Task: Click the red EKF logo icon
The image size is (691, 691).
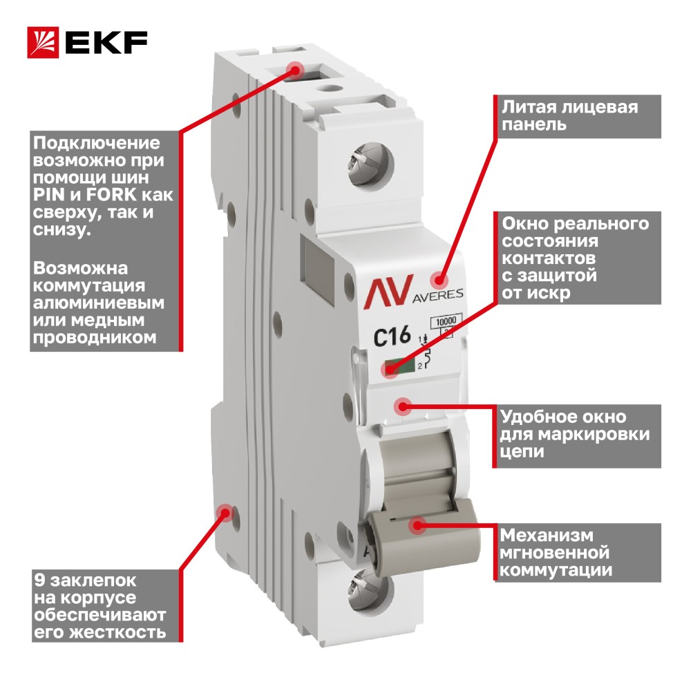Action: pos(43,42)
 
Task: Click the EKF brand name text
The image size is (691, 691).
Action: pos(106,43)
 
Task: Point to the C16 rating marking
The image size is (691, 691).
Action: pos(392,337)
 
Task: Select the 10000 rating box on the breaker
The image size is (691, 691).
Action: pos(446,322)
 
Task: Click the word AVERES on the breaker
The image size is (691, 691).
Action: pos(437,295)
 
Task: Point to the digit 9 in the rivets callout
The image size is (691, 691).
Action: pos(39,580)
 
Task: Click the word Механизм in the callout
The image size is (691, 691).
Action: pos(547,535)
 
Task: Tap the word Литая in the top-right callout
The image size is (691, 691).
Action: pos(530,107)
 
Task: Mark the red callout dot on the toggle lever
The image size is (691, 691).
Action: pos(417,525)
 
